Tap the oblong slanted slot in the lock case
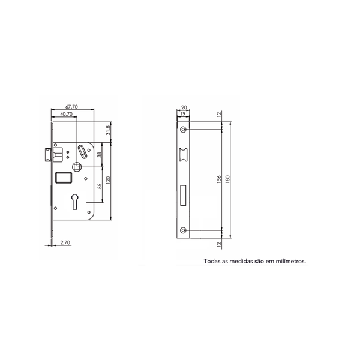82,152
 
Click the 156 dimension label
219,179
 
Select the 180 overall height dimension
227,179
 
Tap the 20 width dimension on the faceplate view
184,107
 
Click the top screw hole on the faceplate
184,130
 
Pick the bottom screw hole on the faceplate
184,230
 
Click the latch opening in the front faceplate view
184,154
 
